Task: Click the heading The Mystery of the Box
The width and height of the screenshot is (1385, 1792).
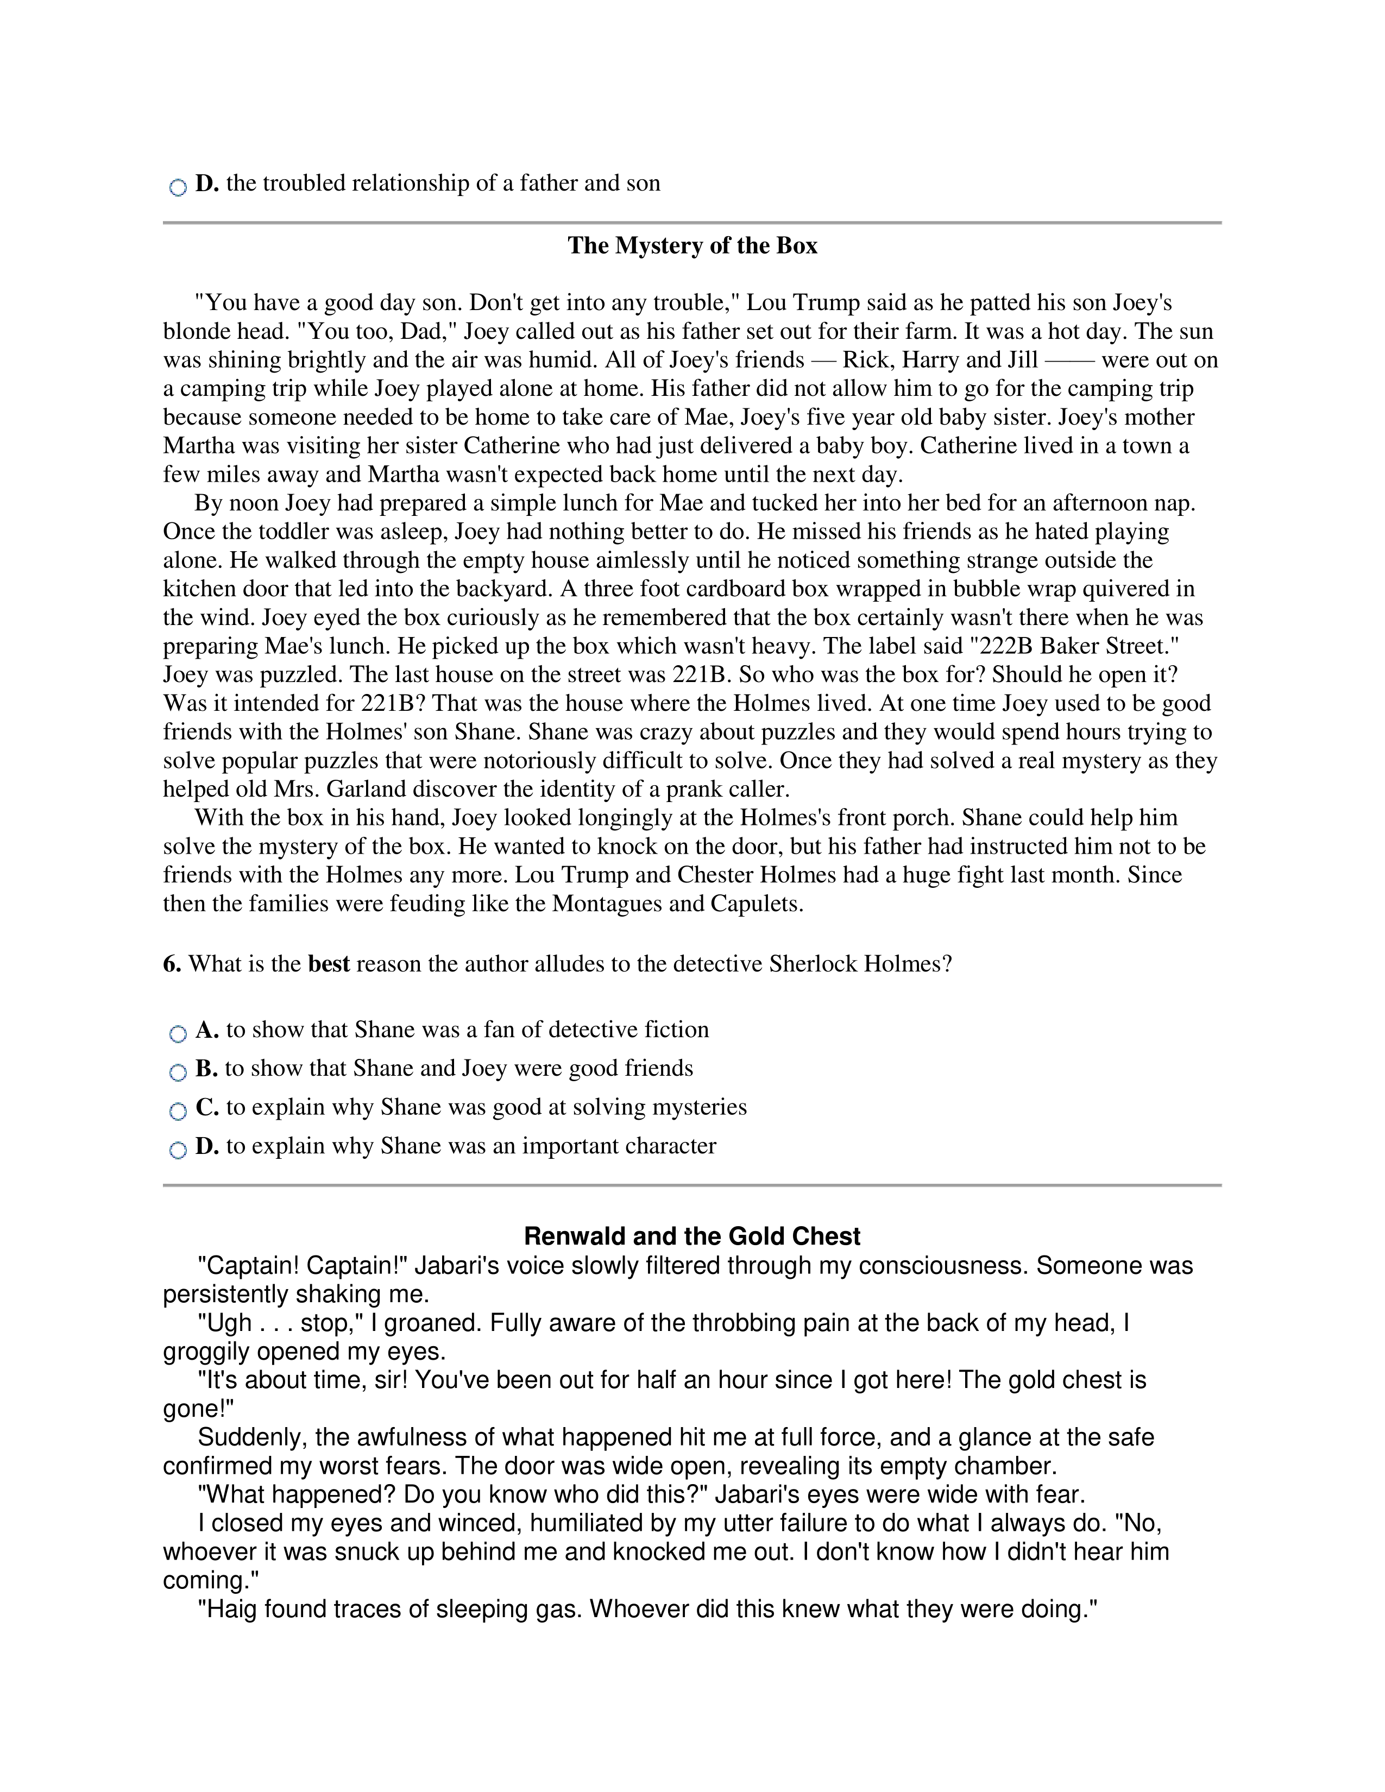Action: (691, 246)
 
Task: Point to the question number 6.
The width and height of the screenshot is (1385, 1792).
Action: (172, 964)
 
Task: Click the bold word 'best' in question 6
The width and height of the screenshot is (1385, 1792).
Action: (328, 964)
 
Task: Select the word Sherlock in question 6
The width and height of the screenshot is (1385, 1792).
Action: (810, 964)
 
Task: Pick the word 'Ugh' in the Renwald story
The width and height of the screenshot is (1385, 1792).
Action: (225, 1323)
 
